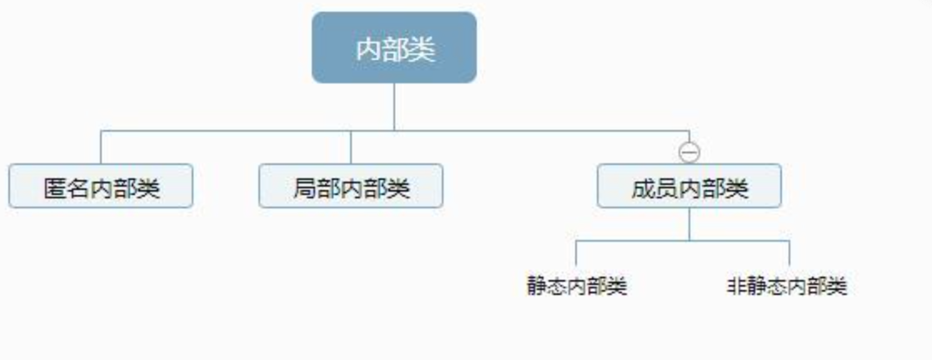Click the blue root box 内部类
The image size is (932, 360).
click(394, 47)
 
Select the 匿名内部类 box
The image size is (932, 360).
click(101, 186)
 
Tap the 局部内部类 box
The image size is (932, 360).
click(351, 186)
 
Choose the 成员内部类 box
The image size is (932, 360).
click(689, 186)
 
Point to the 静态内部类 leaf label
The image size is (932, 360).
click(577, 287)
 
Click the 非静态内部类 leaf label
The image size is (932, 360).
click(787, 287)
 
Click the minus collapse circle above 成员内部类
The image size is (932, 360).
click(689, 152)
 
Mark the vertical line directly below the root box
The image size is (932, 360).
click(394, 107)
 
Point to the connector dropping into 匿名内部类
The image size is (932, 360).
click(101, 147)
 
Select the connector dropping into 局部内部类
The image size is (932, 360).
click(351, 147)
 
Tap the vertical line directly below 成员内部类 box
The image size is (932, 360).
click(689, 224)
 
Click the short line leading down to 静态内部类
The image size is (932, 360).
click(576, 253)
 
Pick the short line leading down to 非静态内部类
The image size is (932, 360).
click(789, 253)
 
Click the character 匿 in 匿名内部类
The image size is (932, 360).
click(56, 188)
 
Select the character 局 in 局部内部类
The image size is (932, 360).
click(305, 188)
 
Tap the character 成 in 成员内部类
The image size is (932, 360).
click(643, 188)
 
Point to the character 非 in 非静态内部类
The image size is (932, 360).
click(736, 287)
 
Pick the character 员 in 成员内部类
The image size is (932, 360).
click(666, 188)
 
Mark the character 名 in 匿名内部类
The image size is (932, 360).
click(78, 188)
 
